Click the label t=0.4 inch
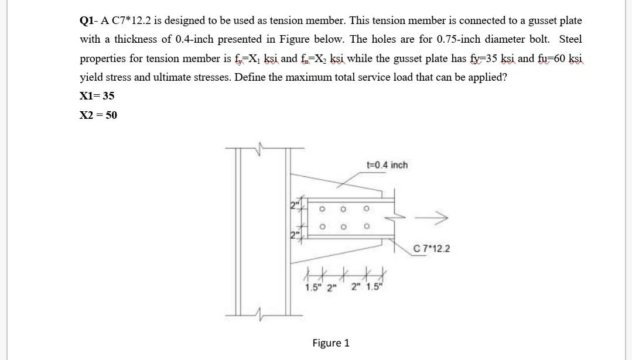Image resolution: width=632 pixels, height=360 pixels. [386, 165]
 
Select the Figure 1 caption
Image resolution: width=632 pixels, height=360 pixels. [331, 343]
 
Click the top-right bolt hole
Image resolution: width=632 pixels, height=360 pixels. [366, 208]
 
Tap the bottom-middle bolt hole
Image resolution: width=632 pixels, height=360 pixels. [344, 227]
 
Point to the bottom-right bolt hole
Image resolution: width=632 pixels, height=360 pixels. [366, 227]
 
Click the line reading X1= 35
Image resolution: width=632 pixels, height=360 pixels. [97, 96]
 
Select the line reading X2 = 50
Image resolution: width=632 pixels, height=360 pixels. [98, 115]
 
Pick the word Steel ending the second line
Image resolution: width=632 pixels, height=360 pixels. [570, 40]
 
